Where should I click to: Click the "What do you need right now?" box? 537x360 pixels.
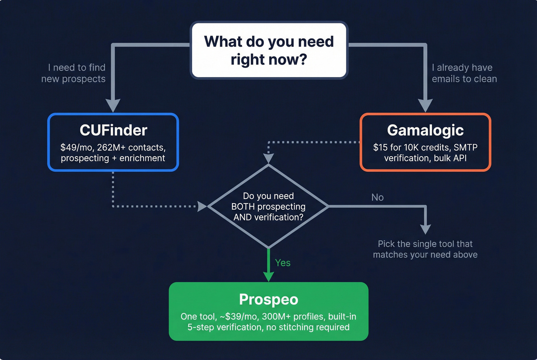click(x=269, y=50)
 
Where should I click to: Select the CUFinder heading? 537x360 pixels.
click(x=113, y=130)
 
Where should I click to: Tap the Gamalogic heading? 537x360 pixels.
click(x=425, y=130)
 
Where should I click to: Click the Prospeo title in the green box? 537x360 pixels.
click(x=268, y=299)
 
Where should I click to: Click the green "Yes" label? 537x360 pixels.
click(x=283, y=263)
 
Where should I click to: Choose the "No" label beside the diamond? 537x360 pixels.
click(x=377, y=197)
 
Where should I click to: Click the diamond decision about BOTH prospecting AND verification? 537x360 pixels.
click(x=268, y=207)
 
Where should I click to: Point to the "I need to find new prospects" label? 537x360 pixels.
click(x=74, y=73)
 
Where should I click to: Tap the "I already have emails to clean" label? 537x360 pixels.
click(x=464, y=73)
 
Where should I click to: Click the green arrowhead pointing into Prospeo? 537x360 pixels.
click(x=268, y=276)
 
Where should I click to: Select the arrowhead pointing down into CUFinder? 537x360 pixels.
click(x=113, y=105)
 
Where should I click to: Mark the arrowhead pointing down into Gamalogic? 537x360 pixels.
click(x=425, y=105)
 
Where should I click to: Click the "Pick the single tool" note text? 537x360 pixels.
click(x=425, y=249)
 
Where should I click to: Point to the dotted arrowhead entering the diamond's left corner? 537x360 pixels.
click(x=202, y=206)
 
